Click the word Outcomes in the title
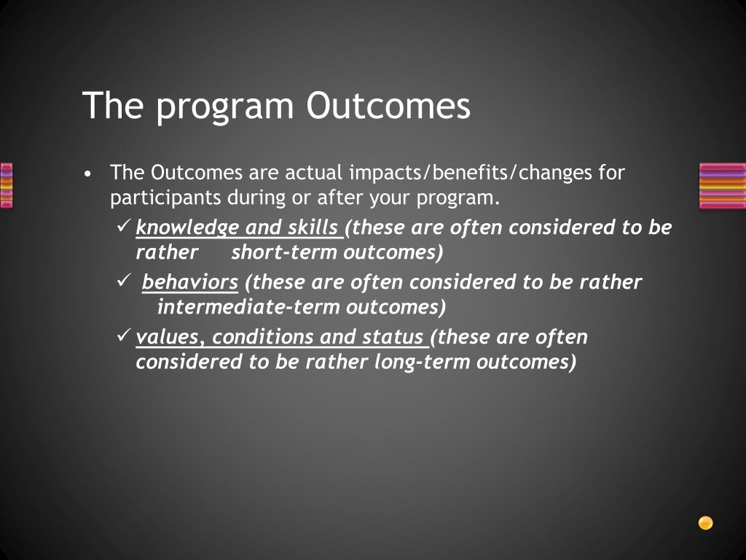(x=388, y=105)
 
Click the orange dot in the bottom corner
(x=705, y=523)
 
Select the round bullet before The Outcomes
(x=87, y=174)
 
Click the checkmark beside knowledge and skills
(x=123, y=226)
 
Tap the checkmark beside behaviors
(x=123, y=281)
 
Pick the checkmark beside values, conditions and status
(x=123, y=335)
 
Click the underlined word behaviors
(x=190, y=282)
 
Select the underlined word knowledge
(x=187, y=228)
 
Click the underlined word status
(x=393, y=337)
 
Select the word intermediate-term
(x=248, y=307)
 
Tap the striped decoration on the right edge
(x=722, y=186)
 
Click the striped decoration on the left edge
(x=6, y=186)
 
